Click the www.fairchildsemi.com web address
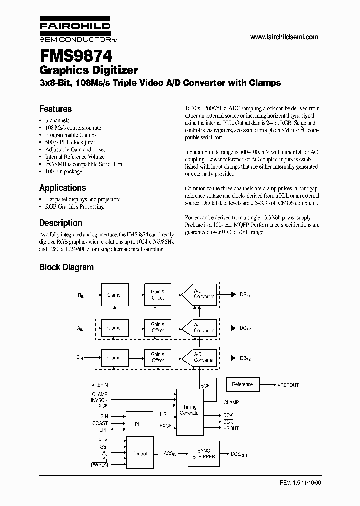click(284, 37)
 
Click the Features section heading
click(55, 109)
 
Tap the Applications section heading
click(62, 188)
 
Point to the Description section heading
click(60, 223)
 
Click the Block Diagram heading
click(66, 267)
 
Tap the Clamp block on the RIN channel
click(114, 295)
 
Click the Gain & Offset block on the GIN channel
click(158, 327)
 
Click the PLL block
click(139, 424)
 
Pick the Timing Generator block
click(190, 410)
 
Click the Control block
click(139, 453)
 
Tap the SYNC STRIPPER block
click(204, 453)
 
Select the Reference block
click(243, 384)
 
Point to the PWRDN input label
click(99, 465)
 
